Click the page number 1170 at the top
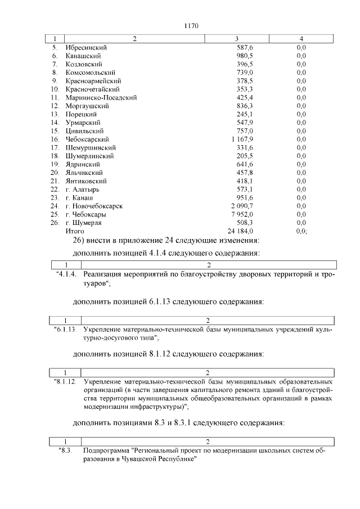tap(192, 25)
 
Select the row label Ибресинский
tap(86, 48)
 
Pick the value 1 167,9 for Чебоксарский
tap(242, 139)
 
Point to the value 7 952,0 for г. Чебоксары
tap(242, 214)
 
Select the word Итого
tap(75, 231)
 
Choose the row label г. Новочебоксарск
tap(94, 206)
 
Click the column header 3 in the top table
tap(237, 39)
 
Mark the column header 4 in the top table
tap(301, 39)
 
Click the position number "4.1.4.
tap(66, 274)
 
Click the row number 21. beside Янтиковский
tap(55, 181)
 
